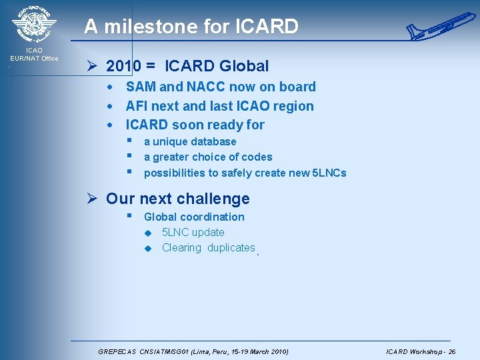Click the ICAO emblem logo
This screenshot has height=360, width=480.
point(34,24)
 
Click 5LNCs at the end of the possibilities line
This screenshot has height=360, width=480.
point(329,173)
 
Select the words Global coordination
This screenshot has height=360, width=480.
point(194,217)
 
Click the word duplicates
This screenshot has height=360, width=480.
point(231,248)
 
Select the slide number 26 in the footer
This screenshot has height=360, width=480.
point(451,351)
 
